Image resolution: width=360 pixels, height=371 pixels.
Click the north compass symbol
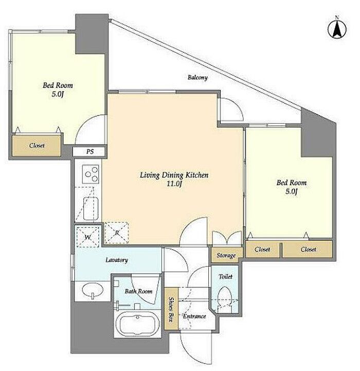tap(337, 29)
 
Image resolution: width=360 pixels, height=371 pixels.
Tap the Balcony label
tap(197, 77)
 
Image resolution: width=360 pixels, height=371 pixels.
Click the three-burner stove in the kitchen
tap(91, 174)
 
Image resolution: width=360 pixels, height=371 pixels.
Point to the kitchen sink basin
tap(91, 208)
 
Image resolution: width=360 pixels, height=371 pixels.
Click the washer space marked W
tap(88, 237)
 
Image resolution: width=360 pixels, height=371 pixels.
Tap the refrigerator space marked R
tap(117, 233)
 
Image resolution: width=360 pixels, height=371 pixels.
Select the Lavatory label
tap(117, 260)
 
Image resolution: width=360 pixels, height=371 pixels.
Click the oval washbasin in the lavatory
tap(93, 289)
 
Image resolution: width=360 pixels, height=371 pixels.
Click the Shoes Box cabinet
tap(171, 309)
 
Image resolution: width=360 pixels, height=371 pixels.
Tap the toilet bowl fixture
tap(224, 299)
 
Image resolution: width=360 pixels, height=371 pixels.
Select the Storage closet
tap(227, 255)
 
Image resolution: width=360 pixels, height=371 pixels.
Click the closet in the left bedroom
tap(36, 146)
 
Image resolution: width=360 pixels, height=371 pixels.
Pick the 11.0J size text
tap(174, 184)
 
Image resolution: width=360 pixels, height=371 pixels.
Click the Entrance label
tap(194, 316)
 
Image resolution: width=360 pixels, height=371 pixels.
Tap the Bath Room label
tap(138, 291)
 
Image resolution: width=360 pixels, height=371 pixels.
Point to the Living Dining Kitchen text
tap(174, 175)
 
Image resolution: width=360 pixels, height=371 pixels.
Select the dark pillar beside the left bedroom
tap(92, 33)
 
